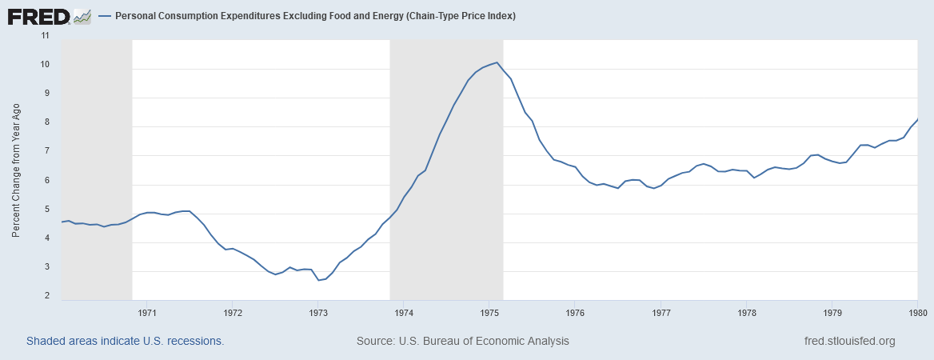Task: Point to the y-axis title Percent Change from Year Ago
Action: pos(16,170)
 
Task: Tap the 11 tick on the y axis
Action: pos(45,36)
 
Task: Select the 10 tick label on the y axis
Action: pos(45,65)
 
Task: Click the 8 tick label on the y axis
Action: pos(47,122)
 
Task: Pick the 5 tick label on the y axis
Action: pos(47,210)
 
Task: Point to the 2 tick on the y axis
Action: pos(47,296)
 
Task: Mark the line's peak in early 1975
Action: pos(497,62)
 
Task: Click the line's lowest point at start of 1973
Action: pos(318,280)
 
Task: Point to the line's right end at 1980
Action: pos(917,119)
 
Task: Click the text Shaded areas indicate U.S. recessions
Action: pos(125,341)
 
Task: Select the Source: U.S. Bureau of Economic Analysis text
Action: pos(462,341)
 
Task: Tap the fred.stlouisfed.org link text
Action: pos(849,341)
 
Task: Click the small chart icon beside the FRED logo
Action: pos(82,15)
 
